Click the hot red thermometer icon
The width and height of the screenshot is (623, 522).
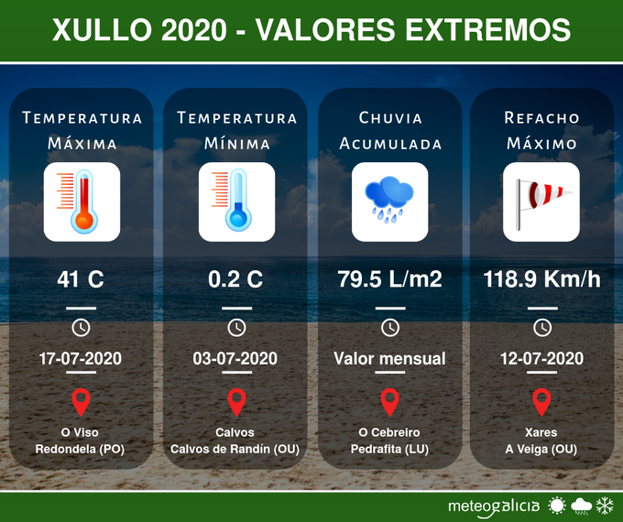coord(82,201)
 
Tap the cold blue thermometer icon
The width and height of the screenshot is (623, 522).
coord(236,201)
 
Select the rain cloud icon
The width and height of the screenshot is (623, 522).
coord(389,201)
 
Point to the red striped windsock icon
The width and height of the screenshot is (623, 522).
coord(541,201)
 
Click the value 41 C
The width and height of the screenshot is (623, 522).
coord(82,279)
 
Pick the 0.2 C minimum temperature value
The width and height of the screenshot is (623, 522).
coord(235,279)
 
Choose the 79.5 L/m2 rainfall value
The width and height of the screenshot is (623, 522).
coord(389,279)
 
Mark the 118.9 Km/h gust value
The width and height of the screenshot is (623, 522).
coord(541,279)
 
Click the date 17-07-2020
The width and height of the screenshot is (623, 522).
coord(82,358)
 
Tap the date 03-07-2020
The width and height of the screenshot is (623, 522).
coord(235,358)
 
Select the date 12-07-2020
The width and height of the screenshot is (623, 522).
coord(541,358)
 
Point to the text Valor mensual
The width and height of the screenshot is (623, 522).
coord(389,358)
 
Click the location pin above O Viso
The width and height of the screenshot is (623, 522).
coord(82,402)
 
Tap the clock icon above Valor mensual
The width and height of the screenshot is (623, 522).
coord(389,327)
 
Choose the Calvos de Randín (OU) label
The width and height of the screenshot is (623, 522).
coord(235,450)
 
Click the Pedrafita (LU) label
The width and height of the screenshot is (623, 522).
coord(389,450)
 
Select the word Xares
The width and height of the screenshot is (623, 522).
coord(541,432)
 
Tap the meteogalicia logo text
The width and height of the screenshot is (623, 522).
coord(493,506)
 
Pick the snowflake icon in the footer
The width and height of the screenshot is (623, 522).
coord(605,506)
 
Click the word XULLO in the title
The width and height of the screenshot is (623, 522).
coord(101,30)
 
